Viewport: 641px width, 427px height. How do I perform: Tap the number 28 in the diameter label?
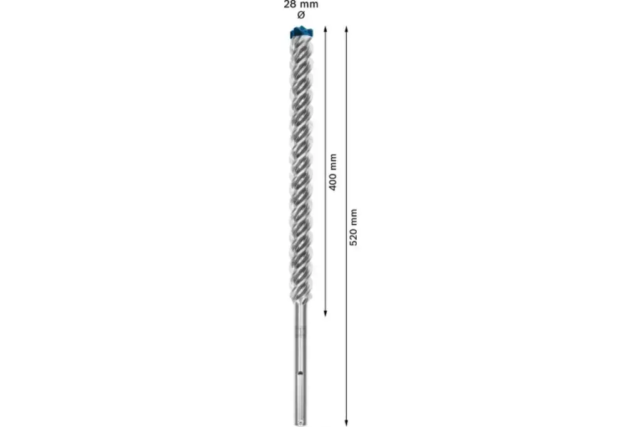pyautogui.click(x=290, y=4)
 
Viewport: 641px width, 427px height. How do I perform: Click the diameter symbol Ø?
pyautogui.click(x=300, y=14)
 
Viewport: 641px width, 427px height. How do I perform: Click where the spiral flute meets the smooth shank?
pyautogui.click(x=300, y=306)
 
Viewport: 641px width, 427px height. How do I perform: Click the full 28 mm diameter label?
pyautogui.click(x=300, y=9)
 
